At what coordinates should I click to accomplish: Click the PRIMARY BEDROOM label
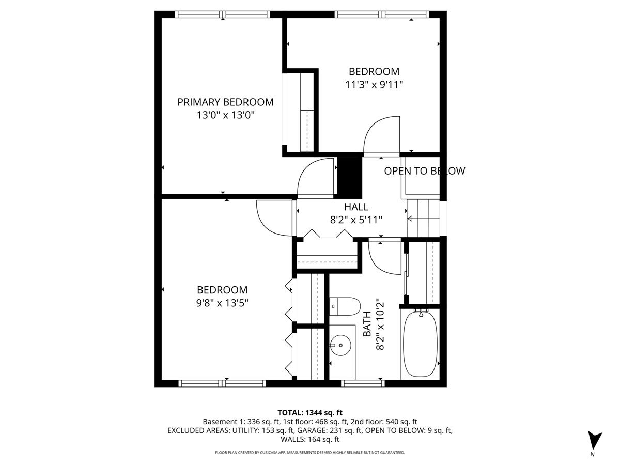pyautogui.click(x=225, y=102)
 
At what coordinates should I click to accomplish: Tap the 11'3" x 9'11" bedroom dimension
pyautogui.click(x=374, y=84)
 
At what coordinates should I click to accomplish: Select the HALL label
pyautogui.click(x=356, y=207)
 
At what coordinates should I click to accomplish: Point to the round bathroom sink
pyautogui.click(x=341, y=343)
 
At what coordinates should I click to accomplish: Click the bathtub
pyautogui.click(x=420, y=343)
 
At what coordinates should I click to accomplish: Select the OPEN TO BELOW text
pyautogui.click(x=424, y=171)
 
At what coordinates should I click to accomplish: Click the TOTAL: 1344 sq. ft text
pyautogui.click(x=310, y=412)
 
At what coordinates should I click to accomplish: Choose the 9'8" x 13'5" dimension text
pyautogui.click(x=222, y=303)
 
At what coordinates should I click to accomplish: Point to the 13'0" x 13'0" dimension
pyautogui.click(x=225, y=115)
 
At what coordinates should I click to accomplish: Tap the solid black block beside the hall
pyautogui.click(x=349, y=174)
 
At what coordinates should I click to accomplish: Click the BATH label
pyautogui.click(x=367, y=324)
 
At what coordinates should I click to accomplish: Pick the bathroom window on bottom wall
pyautogui.click(x=363, y=383)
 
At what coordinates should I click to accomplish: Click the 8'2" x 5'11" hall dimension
pyautogui.click(x=356, y=220)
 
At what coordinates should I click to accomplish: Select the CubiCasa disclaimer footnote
pyautogui.click(x=310, y=453)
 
